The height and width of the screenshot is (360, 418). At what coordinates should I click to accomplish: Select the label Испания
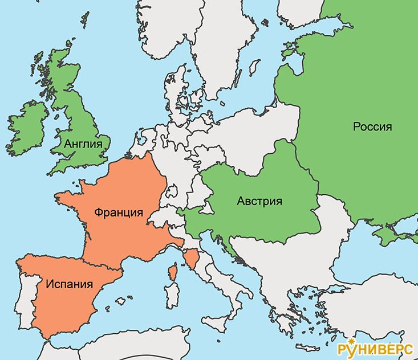click(x=70, y=283)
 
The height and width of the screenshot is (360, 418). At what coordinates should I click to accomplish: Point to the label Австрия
click(x=259, y=201)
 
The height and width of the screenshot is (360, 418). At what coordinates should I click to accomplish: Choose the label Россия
click(x=372, y=126)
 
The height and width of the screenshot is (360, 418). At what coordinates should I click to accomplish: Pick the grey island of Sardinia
click(x=171, y=296)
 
